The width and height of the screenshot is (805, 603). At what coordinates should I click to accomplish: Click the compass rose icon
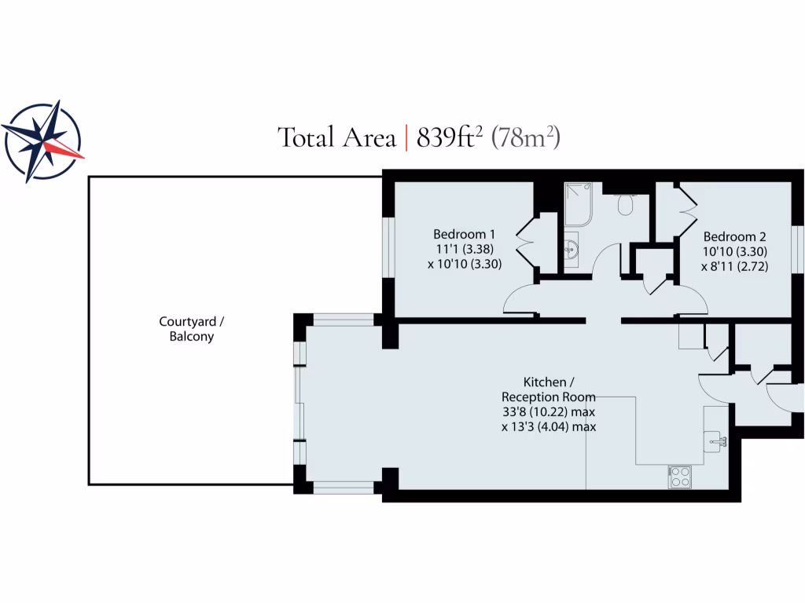coord(42,142)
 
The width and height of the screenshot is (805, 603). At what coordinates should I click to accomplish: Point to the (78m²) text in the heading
coord(525,137)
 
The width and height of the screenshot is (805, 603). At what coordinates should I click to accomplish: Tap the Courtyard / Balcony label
coord(186,329)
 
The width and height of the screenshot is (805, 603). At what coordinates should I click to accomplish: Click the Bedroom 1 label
coord(465,234)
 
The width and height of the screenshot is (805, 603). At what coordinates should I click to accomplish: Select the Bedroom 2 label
coord(734,236)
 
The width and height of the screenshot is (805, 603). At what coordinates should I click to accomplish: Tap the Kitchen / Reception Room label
coord(549,389)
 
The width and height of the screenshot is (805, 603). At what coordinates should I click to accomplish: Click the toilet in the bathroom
coord(626,204)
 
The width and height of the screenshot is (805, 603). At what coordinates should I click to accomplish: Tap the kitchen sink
coord(716,439)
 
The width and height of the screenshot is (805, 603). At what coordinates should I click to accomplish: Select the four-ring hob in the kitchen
coord(678,476)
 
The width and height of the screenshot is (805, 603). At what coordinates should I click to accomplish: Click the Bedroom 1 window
coord(387,247)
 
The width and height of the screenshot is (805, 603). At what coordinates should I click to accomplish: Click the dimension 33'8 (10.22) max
coord(549,412)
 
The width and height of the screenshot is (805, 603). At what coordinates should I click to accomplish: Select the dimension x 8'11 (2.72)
coord(734,266)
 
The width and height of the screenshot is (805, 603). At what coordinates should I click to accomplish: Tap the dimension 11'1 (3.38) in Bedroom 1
coord(465,249)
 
